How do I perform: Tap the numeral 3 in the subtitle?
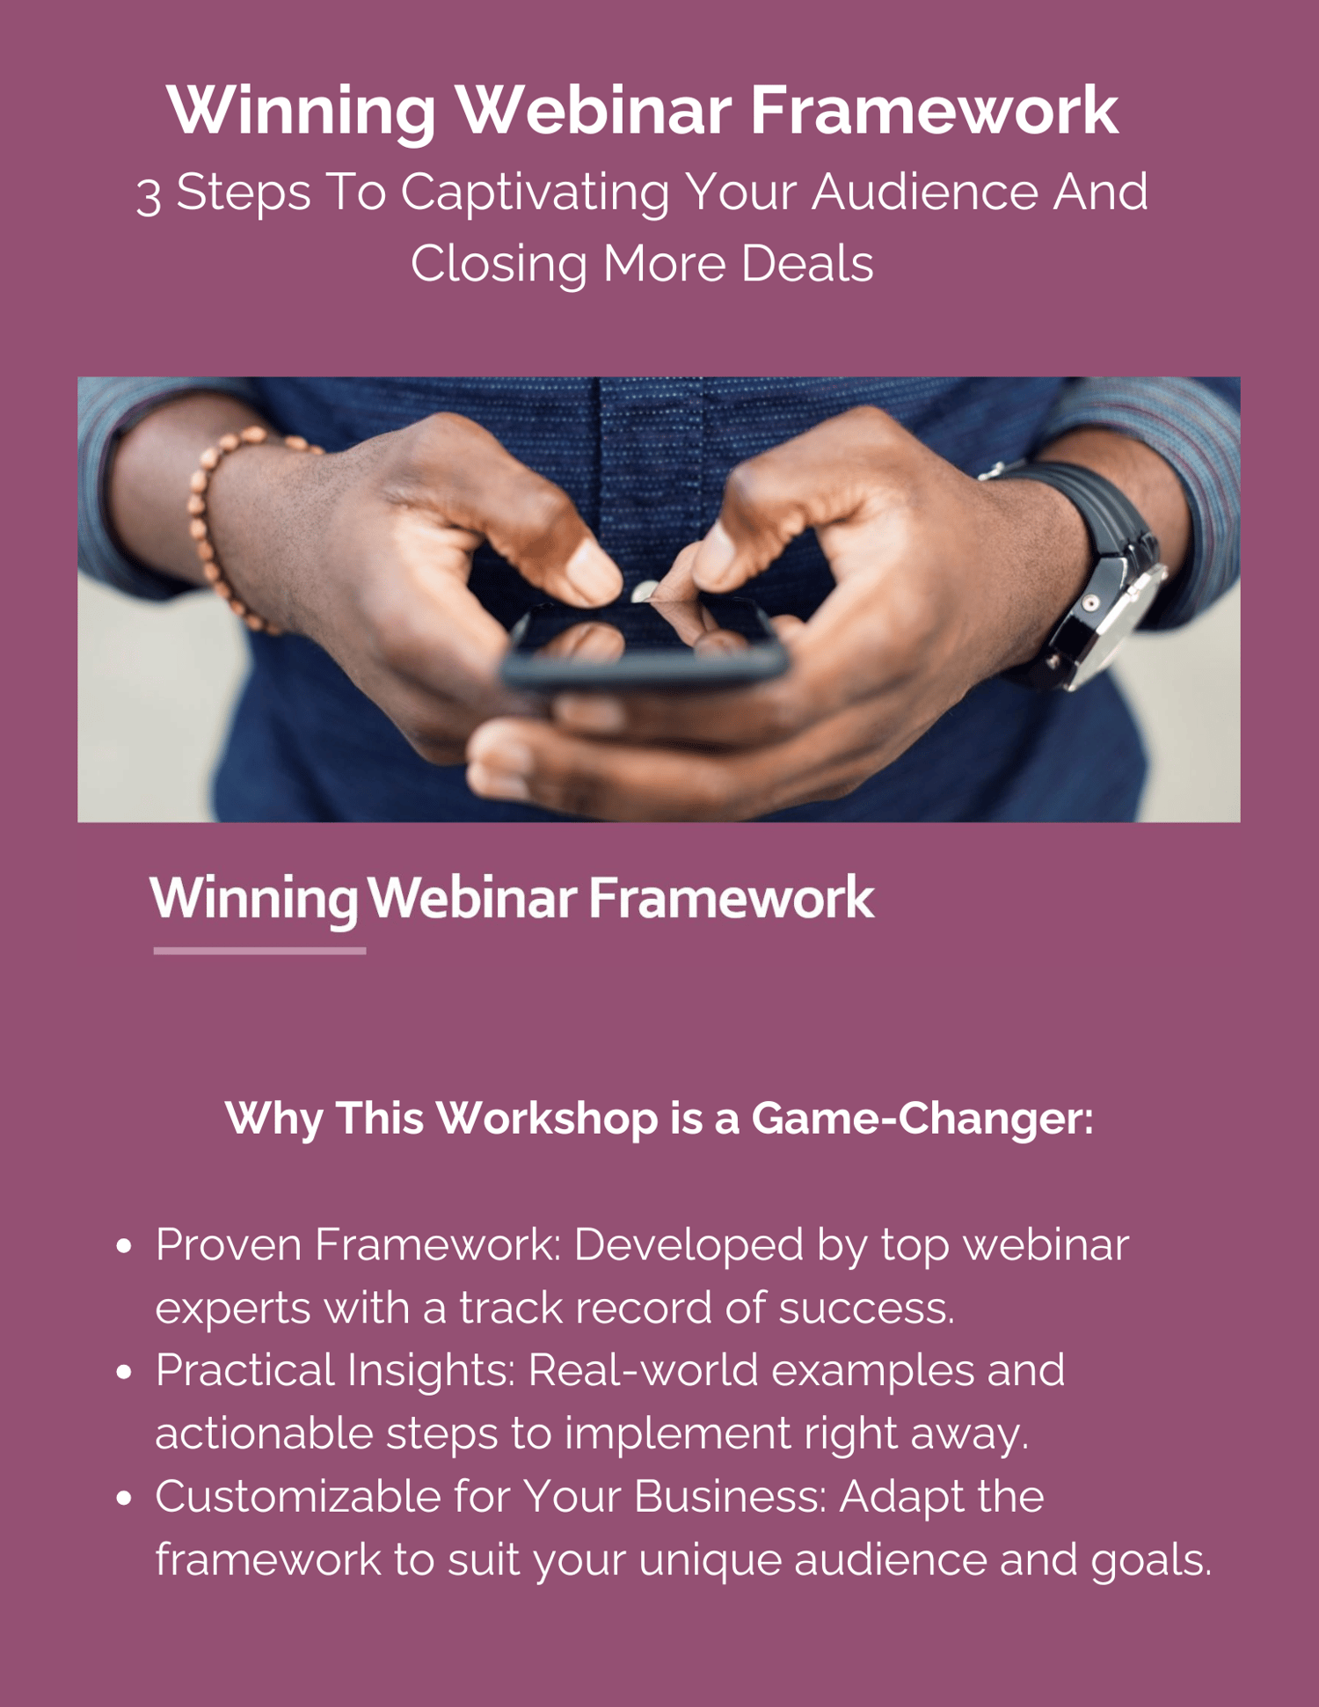[149, 195]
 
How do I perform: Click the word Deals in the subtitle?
[807, 264]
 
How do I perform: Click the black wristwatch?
[1085, 572]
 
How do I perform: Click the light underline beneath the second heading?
[259, 951]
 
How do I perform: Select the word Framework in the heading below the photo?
[732, 899]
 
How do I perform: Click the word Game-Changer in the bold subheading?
[922, 1119]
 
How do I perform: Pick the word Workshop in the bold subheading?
[547, 1119]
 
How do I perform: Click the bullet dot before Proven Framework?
[124, 1246]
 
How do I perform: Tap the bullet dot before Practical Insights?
[124, 1372]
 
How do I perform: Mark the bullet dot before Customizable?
[124, 1498]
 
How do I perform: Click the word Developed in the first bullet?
[689, 1246]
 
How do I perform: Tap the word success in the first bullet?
[866, 1309]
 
